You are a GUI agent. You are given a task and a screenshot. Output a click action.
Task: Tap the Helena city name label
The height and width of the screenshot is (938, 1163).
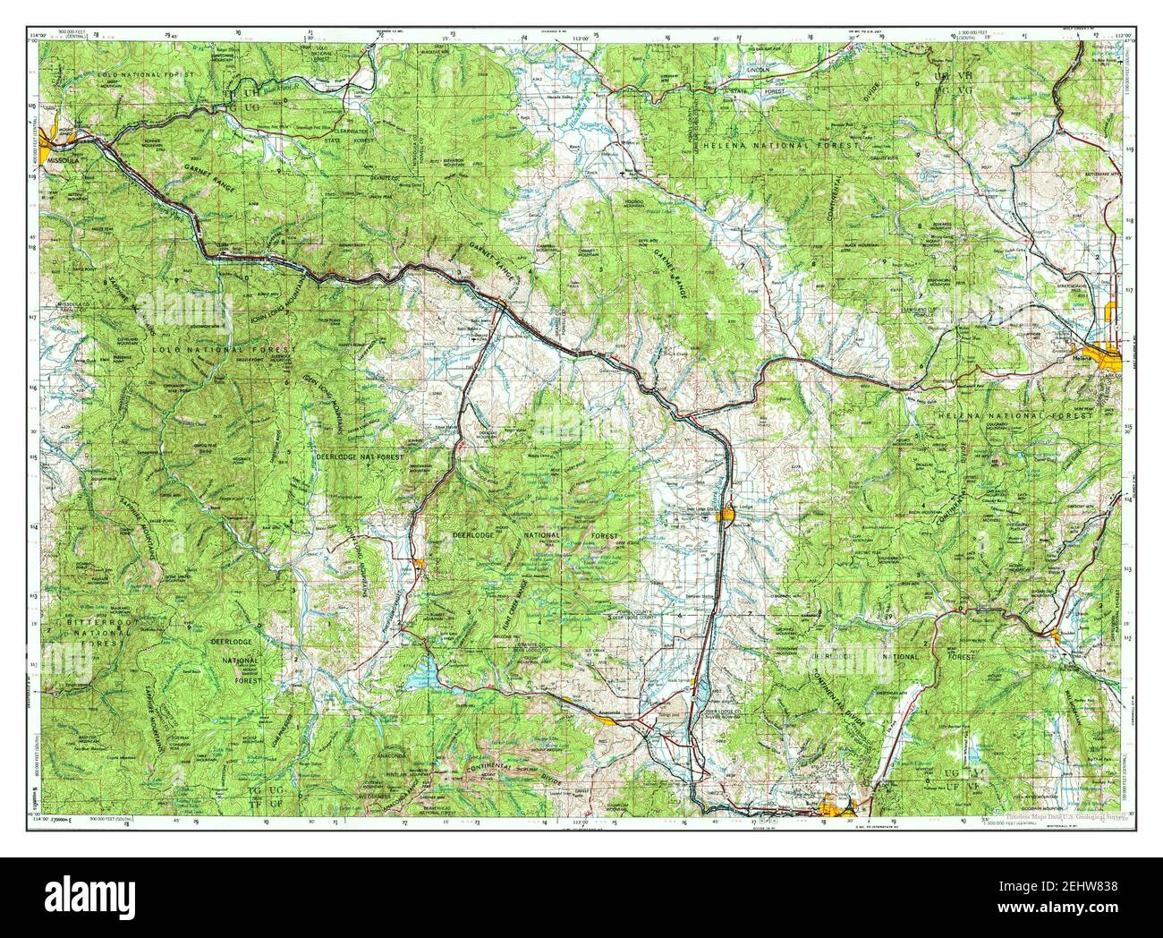[1081, 355]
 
